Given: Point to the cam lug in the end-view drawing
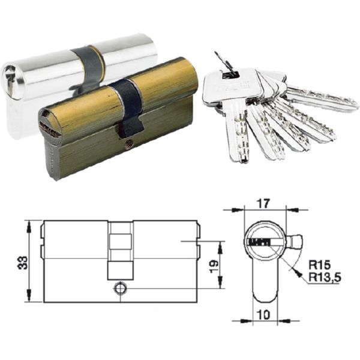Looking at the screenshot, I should (295, 244).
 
